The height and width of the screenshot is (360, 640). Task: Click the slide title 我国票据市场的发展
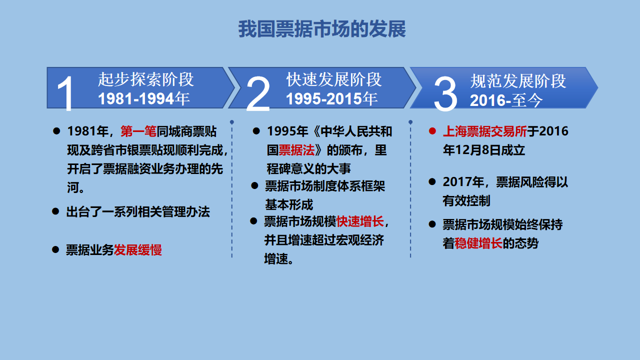(322, 29)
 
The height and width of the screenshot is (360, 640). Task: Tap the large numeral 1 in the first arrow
(65, 93)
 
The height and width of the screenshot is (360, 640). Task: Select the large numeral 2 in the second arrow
(258, 93)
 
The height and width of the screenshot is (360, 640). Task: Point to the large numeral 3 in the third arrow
(445, 93)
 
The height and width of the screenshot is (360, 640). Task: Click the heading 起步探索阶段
(146, 79)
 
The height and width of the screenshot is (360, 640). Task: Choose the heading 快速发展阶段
(334, 79)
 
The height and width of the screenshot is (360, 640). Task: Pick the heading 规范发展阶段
(518, 81)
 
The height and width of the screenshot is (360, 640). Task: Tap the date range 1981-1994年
(143, 98)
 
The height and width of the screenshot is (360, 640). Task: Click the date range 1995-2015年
(331, 99)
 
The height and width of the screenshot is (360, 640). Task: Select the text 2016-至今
(506, 100)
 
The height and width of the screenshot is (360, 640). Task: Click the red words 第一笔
(138, 131)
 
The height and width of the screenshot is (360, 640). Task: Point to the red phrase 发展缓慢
(137, 250)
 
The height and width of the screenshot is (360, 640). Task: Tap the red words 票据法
(296, 150)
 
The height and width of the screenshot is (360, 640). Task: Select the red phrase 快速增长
(360, 221)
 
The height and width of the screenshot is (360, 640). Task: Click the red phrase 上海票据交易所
(485, 131)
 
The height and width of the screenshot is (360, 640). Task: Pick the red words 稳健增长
(478, 243)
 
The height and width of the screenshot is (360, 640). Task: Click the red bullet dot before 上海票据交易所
(432, 131)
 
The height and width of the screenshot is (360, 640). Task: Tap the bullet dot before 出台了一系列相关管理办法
(55, 211)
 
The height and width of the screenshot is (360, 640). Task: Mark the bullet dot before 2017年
(432, 181)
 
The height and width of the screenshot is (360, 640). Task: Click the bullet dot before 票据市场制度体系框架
(254, 186)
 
